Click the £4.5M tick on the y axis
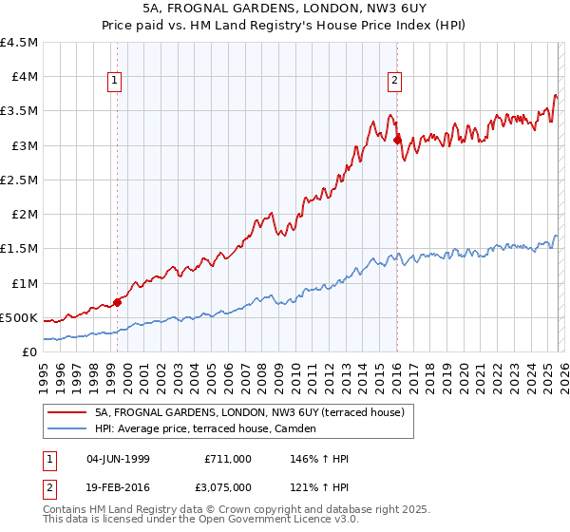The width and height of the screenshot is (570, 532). pyautogui.click(x=19, y=43)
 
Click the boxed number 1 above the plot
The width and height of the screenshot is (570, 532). pyautogui.click(x=114, y=82)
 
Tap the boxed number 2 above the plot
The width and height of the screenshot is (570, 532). pyautogui.click(x=393, y=82)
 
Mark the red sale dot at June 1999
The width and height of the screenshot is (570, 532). pyautogui.click(x=117, y=302)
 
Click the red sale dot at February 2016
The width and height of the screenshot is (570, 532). pyautogui.click(x=396, y=140)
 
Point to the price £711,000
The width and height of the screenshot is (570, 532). pyautogui.click(x=228, y=459)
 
